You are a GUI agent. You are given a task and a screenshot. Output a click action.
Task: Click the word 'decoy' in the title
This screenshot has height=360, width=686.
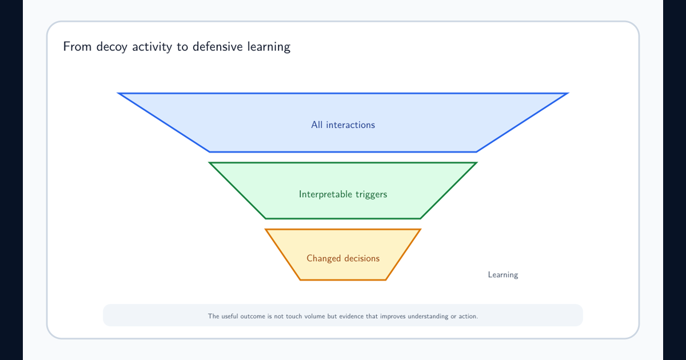111,47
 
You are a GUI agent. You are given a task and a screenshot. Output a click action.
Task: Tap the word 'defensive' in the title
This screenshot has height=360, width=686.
217,46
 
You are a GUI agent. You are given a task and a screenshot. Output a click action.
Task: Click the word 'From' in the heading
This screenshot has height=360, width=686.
77,46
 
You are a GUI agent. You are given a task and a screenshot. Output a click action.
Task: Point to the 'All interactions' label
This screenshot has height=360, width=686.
343,125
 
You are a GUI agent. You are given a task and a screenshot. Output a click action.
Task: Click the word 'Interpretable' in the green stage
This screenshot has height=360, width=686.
325,194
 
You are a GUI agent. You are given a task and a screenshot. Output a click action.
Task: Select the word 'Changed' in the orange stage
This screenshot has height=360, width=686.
324,258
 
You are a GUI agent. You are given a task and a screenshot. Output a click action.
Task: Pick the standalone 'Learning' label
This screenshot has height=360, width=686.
503,275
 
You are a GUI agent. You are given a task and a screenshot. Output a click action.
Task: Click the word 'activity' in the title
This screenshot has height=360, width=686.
152,47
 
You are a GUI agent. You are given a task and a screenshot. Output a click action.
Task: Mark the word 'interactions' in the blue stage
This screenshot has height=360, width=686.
350,125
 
